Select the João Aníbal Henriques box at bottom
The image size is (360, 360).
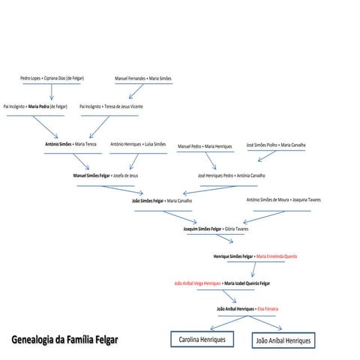[x=283, y=340]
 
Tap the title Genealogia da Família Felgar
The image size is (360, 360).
[x=65, y=340]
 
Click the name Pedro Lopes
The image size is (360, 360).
[x=31, y=78]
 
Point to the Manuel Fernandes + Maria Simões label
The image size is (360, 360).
[x=143, y=79]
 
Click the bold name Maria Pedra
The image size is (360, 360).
[x=39, y=106]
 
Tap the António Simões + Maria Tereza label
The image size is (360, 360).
[x=70, y=144]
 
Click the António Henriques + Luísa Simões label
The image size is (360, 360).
[x=138, y=144]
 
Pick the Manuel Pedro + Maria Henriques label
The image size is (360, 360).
[x=205, y=146]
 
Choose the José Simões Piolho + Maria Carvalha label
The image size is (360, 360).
[x=276, y=145]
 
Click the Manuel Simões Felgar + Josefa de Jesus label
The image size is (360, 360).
[x=106, y=175]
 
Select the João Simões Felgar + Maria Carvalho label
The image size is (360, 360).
[x=162, y=201]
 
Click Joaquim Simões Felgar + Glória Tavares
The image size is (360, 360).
[x=216, y=229]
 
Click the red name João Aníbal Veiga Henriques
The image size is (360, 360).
[x=197, y=283]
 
